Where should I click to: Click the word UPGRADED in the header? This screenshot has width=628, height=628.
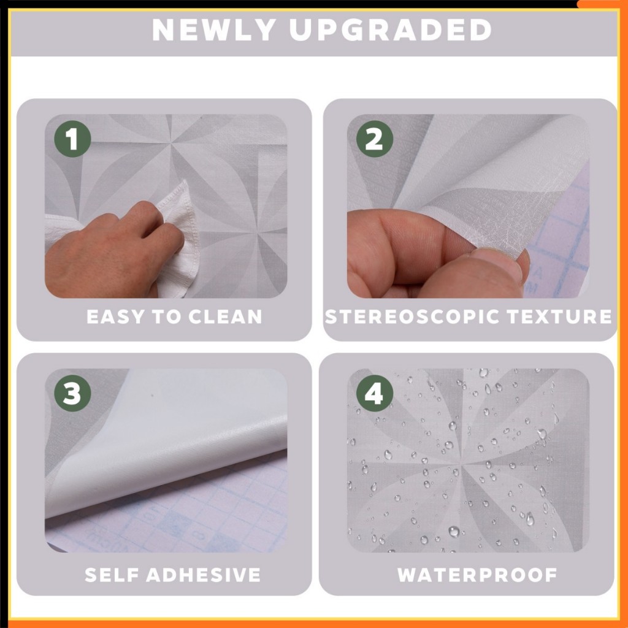click(x=390, y=29)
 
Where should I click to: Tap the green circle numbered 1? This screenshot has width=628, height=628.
click(x=72, y=139)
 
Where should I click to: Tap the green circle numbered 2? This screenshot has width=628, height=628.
click(x=375, y=139)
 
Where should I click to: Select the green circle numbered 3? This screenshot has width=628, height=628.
click(x=72, y=393)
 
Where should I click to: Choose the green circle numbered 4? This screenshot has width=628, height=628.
click(x=375, y=393)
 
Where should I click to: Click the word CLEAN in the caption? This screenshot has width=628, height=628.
click(x=225, y=317)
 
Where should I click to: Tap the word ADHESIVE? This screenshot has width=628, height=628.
click(x=204, y=575)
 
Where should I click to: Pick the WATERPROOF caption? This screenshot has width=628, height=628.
click(x=477, y=575)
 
